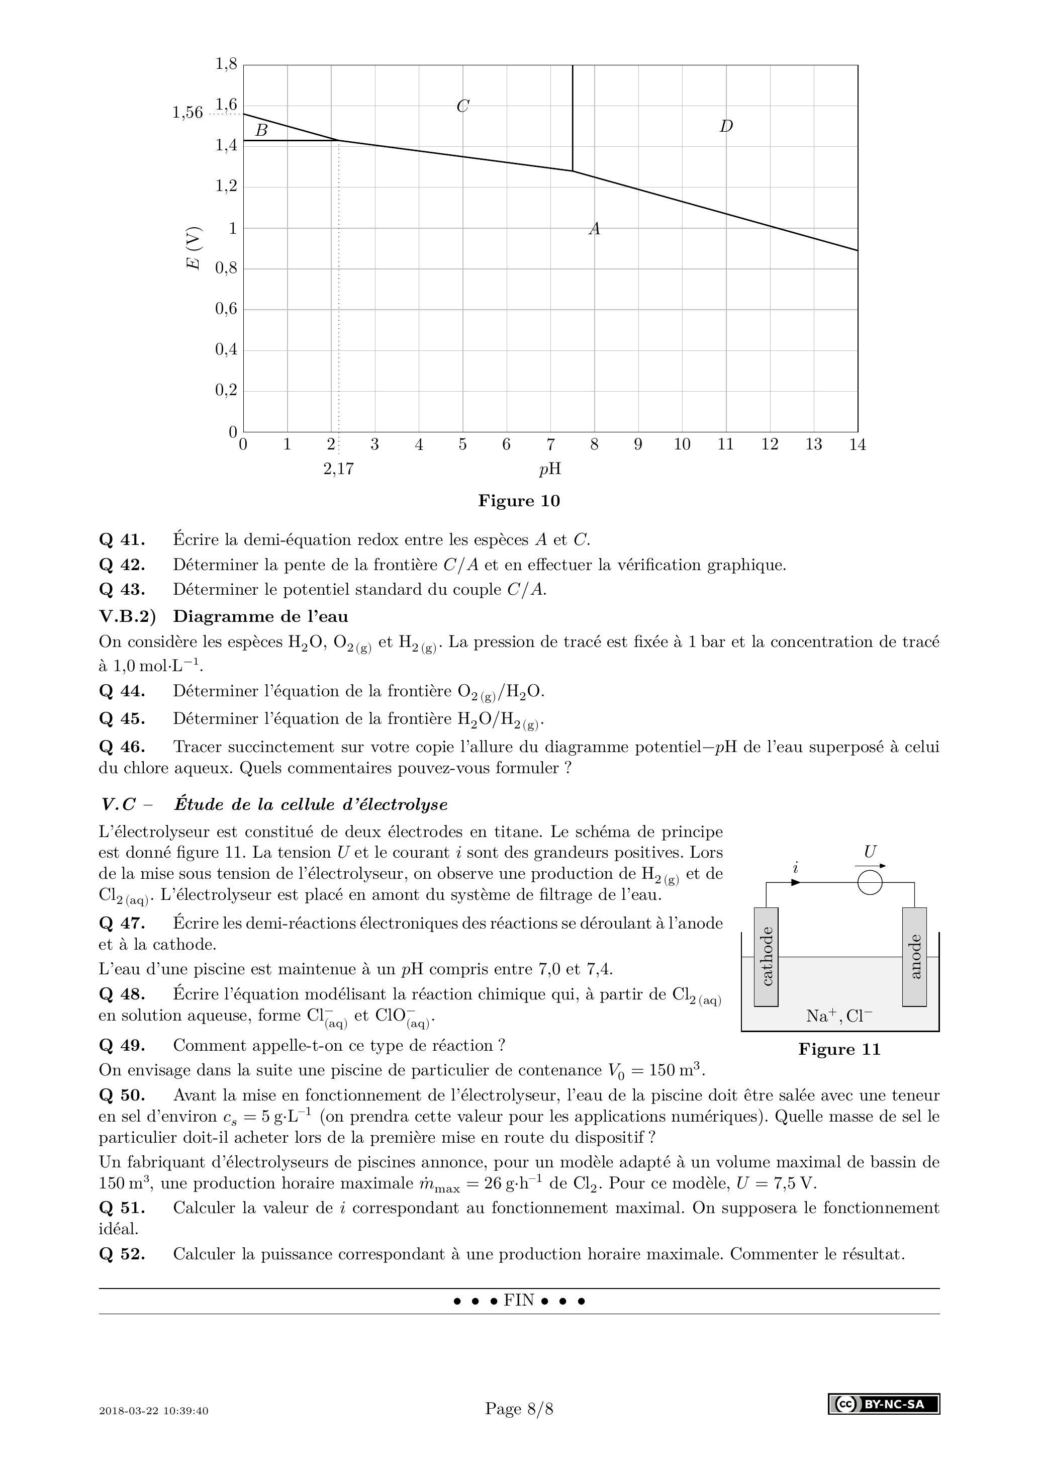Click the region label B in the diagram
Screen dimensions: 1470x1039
[261, 131]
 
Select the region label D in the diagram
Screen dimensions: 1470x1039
[725, 126]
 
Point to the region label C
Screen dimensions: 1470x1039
[463, 106]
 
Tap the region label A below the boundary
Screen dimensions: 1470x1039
[595, 229]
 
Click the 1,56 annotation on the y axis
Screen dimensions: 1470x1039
[187, 113]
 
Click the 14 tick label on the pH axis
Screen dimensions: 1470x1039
[857, 444]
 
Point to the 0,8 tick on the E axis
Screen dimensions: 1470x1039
[226, 269]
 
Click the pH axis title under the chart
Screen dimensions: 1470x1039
[550, 469]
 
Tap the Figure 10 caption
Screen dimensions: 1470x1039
[519, 501]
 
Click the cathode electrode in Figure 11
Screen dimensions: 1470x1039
[766, 956]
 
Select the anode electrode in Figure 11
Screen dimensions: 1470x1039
[914, 956]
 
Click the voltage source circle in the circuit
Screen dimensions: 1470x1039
[870, 883]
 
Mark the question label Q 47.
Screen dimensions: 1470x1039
[122, 923]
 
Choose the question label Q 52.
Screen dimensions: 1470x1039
[122, 1254]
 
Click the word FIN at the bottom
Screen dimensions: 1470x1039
[519, 1301]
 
